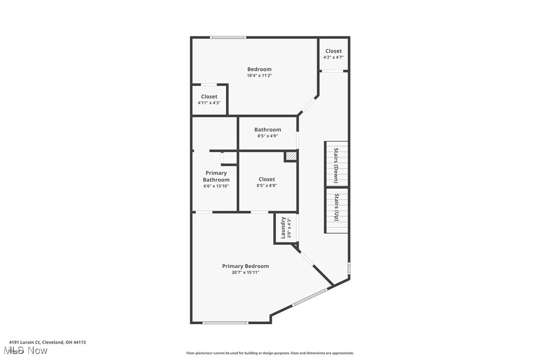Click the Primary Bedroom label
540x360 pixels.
245,266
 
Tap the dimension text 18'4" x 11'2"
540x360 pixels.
260,76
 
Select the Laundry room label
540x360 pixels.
283,227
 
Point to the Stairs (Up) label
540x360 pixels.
336,207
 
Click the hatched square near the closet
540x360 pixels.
291,156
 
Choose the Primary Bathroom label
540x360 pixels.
216,177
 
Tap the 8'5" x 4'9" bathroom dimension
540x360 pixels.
268,136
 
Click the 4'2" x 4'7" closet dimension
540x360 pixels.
333,57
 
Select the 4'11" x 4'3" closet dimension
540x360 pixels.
209,103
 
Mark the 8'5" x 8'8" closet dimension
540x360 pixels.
267,185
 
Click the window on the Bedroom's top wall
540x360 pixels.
228,37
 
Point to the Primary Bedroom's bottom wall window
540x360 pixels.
225,323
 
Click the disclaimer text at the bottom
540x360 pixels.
270,353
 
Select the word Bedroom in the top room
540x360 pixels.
260,69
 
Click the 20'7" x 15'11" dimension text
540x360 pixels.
245,272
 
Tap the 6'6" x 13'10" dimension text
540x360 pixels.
216,186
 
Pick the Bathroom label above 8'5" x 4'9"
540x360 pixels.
268,130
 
